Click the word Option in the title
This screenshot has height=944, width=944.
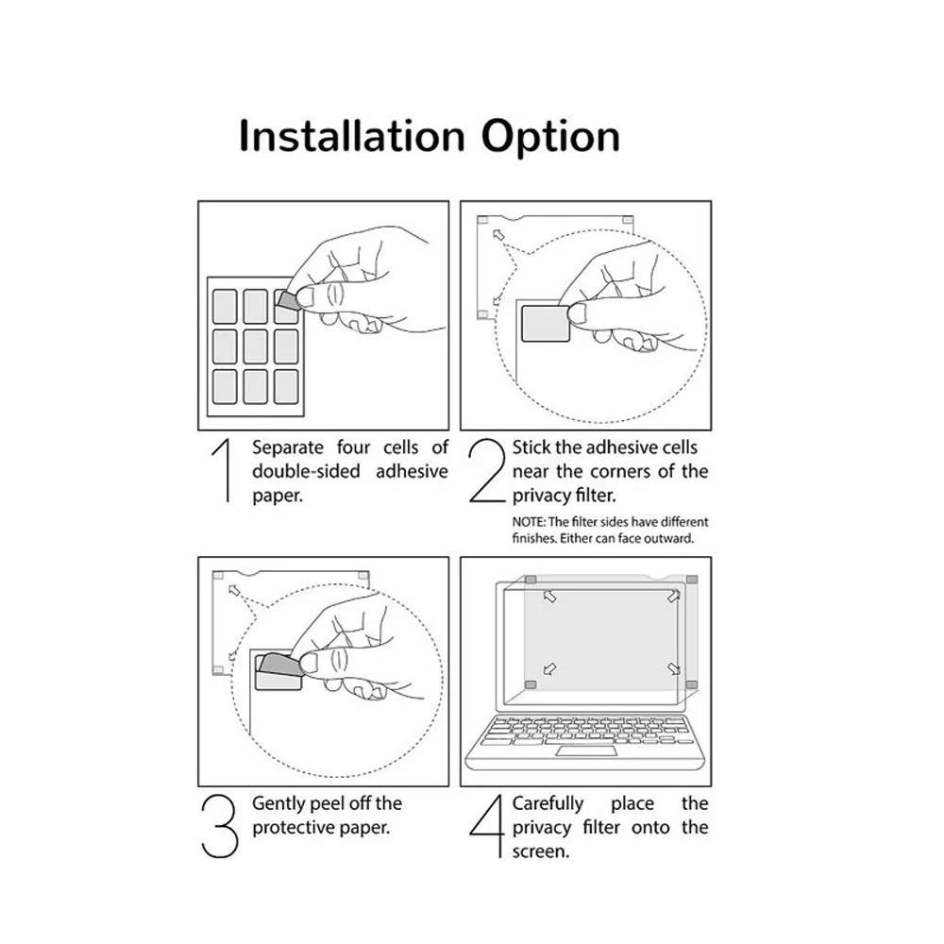click(x=550, y=138)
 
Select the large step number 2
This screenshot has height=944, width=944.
click(x=487, y=470)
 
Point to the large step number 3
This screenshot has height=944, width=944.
click(x=219, y=826)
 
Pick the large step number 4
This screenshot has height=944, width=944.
click(x=487, y=826)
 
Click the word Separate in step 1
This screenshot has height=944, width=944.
click(x=288, y=447)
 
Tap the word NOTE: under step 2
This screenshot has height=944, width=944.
click(x=528, y=522)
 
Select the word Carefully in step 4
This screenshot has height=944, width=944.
click(x=548, y=803)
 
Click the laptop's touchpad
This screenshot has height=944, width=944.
click(x=586, y=750)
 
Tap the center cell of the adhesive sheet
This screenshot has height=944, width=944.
click(x=255, y=346)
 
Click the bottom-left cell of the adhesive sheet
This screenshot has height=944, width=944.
click(x=225, y=386)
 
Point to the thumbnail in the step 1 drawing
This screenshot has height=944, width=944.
click(x=305, y=297)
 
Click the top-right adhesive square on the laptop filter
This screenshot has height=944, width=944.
click(x=692, y=580)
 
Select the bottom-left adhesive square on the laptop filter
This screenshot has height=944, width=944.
click(x=531, y=684)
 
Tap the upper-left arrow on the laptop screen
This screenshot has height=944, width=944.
click(x=549, y=597)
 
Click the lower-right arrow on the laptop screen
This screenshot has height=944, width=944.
click(x=674, y=668)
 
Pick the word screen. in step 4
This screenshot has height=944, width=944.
click(x=541, y=851)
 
